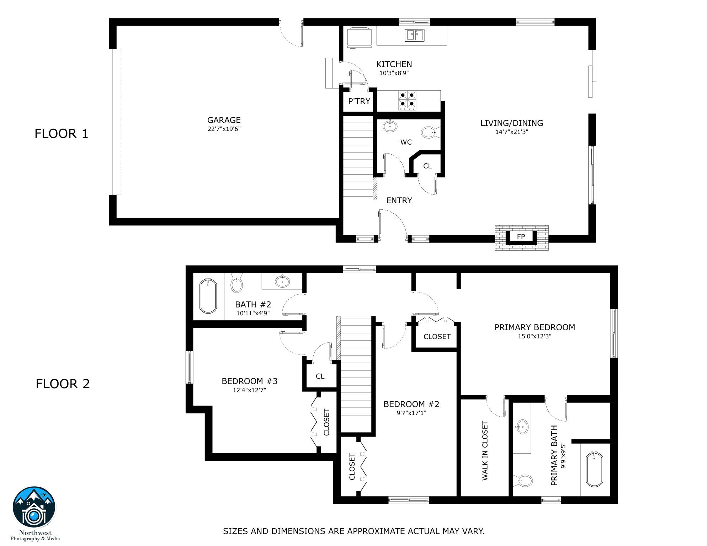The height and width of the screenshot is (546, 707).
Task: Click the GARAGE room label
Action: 224,120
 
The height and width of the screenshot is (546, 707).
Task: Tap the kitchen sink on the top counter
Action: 414,35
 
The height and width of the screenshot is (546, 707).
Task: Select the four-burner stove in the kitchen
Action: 407,100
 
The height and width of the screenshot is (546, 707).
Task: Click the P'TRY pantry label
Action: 359,101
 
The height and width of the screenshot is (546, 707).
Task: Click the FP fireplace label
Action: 521,236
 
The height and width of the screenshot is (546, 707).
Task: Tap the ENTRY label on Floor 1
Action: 399,200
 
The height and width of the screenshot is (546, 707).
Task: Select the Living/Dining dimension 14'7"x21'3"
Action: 512,132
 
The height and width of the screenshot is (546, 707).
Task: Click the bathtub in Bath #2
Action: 208,296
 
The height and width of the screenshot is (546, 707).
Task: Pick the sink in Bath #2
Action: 282,282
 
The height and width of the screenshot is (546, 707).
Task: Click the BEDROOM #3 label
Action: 249,381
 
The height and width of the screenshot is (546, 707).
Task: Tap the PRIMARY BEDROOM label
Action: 535,327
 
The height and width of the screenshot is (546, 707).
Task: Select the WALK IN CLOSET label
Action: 485,451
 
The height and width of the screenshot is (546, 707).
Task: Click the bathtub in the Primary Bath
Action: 594,469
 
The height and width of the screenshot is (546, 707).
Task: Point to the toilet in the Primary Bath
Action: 523,481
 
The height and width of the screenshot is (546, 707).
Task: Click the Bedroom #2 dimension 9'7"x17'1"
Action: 411,413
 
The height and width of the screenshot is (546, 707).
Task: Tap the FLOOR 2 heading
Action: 63,384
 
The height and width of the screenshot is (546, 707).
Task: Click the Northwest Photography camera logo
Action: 34,507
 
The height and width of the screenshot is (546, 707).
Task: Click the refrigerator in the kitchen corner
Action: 359,37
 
